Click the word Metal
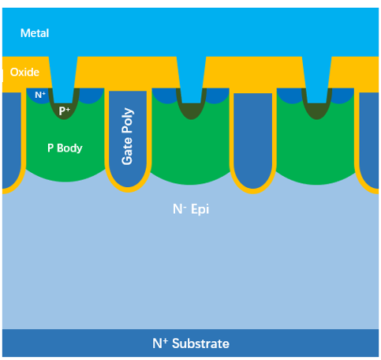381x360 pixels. tap(34, 33)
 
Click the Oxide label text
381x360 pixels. tap(24, 72)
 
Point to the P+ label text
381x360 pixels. tap(65, 111)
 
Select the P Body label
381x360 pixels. tap(65, 148)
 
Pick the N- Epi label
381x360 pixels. tap(191, 210)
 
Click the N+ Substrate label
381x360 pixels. tap(190, 343)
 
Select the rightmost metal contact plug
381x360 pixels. tap(316, 79)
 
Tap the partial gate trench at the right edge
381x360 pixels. tap(371, 138)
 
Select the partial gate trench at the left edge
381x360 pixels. tap(10, 138)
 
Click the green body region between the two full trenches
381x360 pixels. tap(190, 150)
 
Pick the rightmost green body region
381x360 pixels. tap(316, 150)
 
